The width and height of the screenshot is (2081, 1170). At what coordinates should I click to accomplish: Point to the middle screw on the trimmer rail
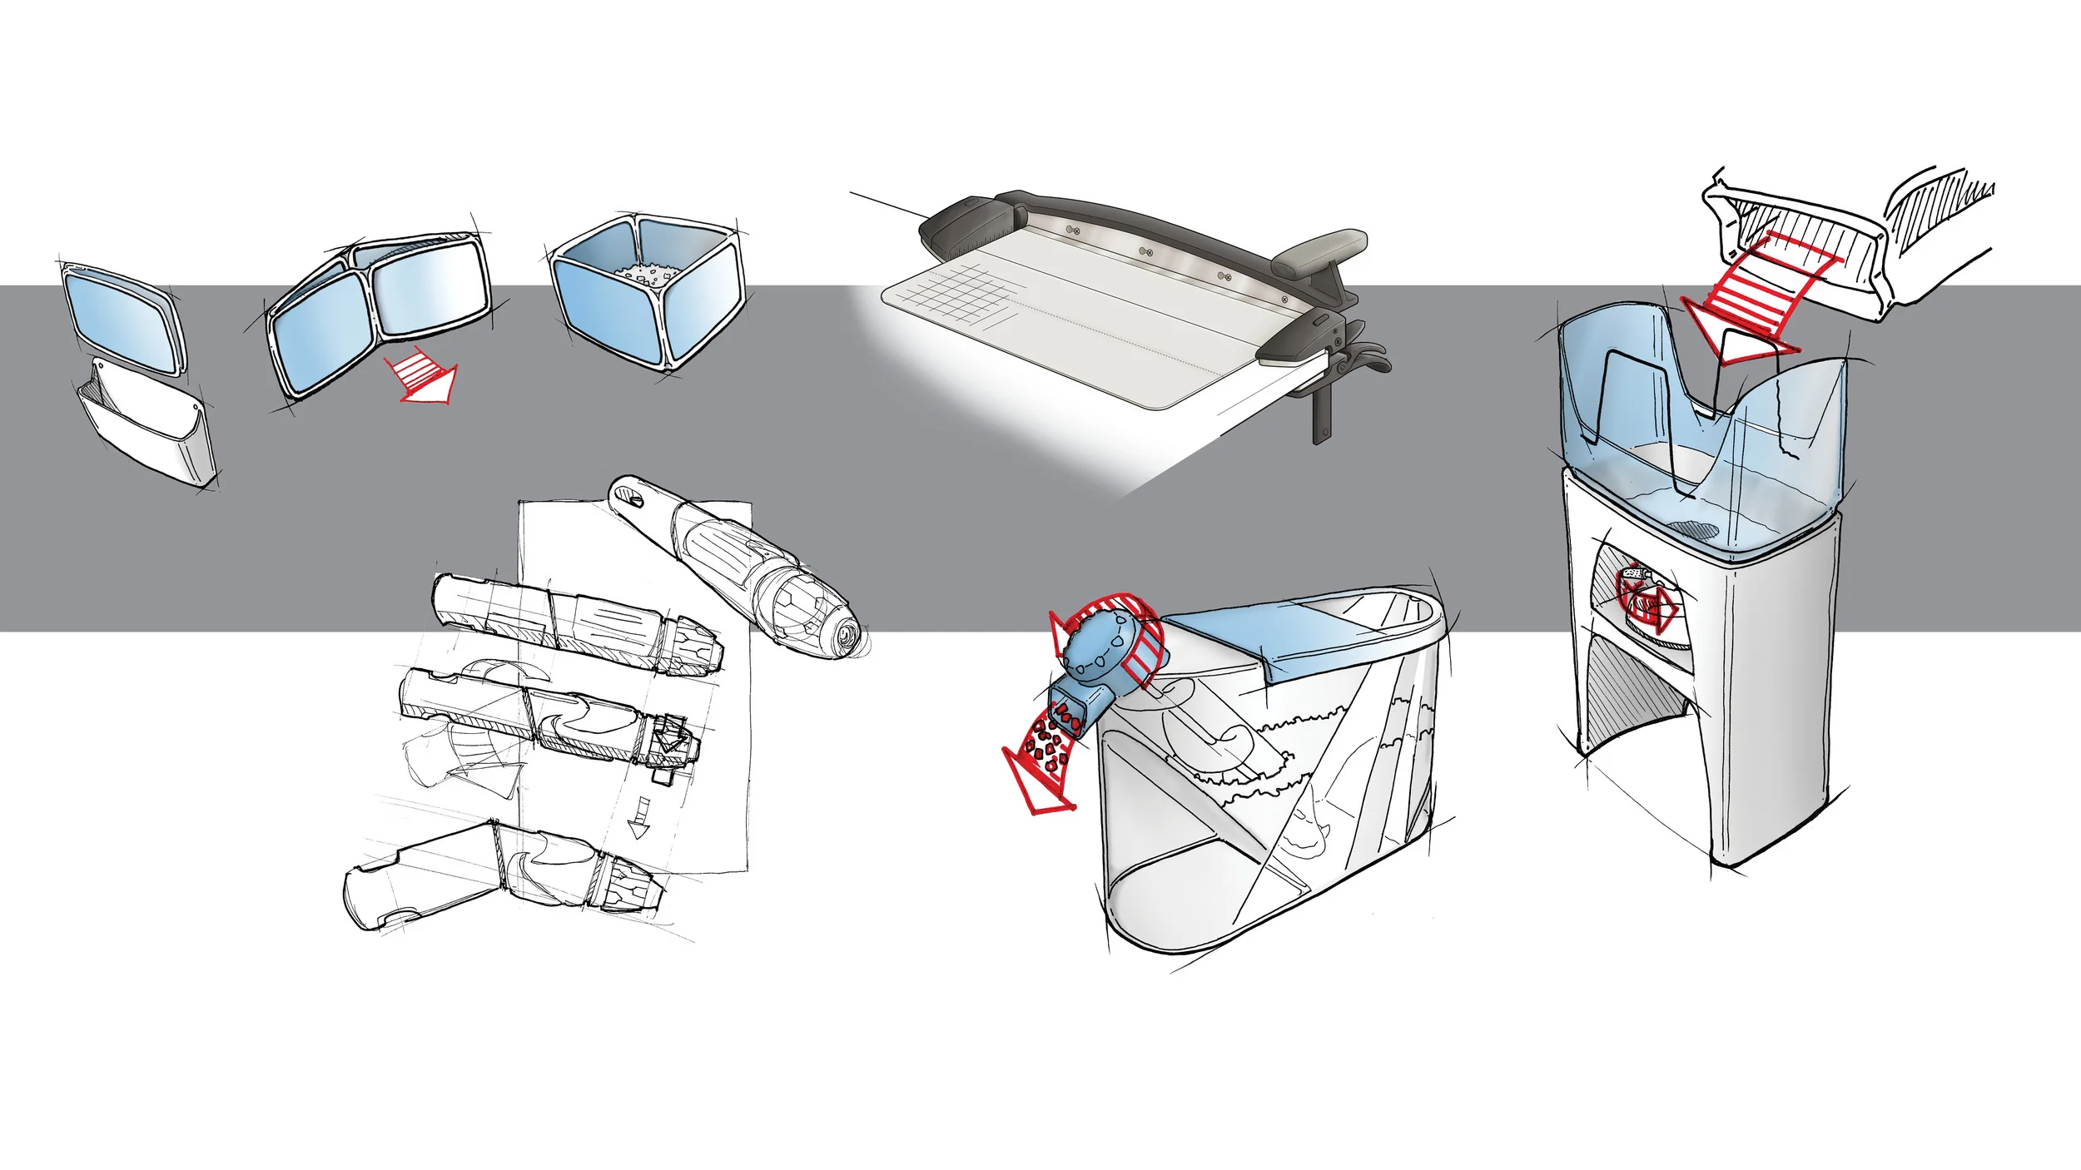1145,250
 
